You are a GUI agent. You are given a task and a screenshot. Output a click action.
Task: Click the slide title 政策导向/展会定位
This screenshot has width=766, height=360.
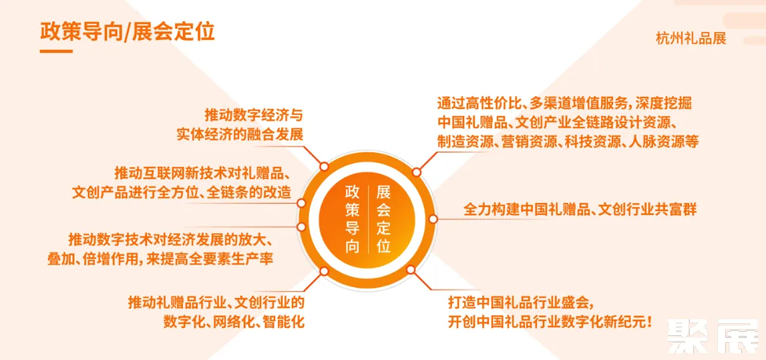pos(127,31)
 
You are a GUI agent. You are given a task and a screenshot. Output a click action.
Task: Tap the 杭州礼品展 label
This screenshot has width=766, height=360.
pos(691,38)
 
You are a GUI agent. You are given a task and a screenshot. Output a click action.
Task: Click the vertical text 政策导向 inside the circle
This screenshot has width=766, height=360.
pos(352,219)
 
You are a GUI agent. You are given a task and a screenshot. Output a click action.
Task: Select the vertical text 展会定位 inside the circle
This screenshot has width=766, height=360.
pos(383,219)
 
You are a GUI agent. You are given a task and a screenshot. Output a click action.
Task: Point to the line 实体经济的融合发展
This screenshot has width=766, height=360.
pos(240,134)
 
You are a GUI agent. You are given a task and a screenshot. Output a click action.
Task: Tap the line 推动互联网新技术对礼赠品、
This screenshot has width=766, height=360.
pos(201,173)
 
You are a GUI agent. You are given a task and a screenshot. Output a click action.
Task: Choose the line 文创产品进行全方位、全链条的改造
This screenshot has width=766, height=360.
pos(182,193)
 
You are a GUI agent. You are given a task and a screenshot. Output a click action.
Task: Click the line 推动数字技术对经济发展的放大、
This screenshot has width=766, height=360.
pos(171,239)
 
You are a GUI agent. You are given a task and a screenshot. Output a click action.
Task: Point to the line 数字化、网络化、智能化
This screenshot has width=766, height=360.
pos(234,321)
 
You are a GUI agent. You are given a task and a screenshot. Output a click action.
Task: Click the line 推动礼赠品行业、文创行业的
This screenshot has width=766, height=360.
pos(216,302)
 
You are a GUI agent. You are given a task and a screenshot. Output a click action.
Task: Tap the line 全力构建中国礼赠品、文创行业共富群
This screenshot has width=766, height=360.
pos(580,209)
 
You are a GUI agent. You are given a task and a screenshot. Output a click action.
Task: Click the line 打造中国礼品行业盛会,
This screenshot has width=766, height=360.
pos(520,301)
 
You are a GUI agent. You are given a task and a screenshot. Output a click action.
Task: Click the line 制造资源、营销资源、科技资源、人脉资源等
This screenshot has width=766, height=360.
pos(568,142)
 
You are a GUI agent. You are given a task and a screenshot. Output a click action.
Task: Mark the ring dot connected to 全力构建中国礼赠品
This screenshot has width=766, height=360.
pos(433,218)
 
